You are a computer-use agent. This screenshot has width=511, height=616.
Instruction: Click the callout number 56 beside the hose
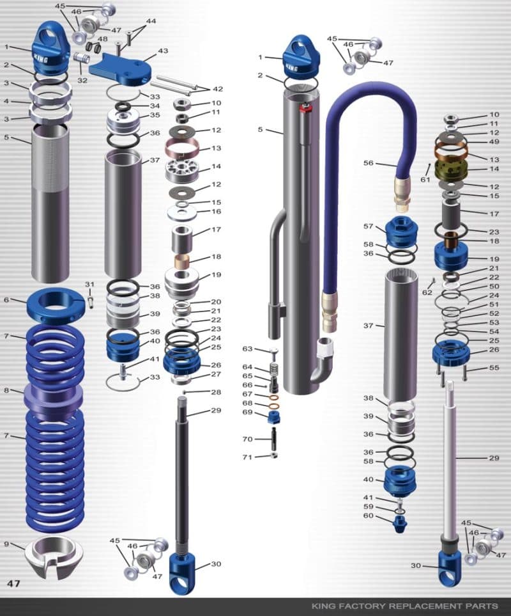click(x=369, y=163)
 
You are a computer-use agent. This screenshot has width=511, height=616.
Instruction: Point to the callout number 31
click(x=89, y=285)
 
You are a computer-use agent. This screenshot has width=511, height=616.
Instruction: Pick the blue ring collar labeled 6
click(x=56, y=303)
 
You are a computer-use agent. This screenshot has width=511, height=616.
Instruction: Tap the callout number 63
click(x=247, y=349)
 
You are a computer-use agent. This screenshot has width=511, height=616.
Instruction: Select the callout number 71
click(x=247, y=457)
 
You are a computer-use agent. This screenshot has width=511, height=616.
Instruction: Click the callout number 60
click(x=369, y=516)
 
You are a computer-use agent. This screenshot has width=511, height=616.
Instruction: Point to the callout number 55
click(x=494, y=368)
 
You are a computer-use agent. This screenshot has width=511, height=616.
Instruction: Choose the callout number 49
click(x=494, y=141)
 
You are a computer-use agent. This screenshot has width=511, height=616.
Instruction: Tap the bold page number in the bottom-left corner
click(x=13, y=583)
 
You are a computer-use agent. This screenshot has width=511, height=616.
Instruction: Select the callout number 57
click(x=369, y=226)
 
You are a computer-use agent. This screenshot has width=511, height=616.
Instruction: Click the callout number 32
click(x=82, y=81)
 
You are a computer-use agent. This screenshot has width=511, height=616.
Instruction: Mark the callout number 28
click(x=216, y=391)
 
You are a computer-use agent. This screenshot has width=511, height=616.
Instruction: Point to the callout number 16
click(x=216, y=211)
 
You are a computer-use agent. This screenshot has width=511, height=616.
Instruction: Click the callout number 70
click(x=247, y=439)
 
